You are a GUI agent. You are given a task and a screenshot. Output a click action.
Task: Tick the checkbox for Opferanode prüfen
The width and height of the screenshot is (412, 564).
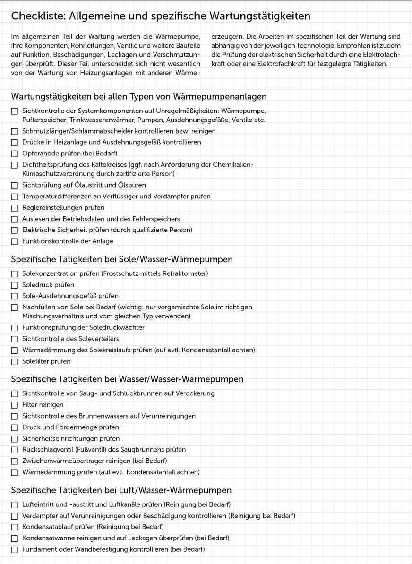click(14, 154)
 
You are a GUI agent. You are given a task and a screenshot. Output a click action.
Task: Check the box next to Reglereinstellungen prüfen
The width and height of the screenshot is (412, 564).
click(14, 208)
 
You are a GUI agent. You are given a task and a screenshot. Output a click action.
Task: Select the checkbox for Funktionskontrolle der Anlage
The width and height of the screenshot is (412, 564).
click(14, 241)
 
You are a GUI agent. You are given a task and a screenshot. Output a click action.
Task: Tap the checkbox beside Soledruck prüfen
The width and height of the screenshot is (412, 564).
click(14, 285)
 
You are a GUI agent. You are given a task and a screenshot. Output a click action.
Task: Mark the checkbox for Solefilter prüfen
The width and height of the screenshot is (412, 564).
click(14, 362)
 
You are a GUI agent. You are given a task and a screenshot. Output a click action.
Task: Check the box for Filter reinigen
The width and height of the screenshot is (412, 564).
click(14, 405)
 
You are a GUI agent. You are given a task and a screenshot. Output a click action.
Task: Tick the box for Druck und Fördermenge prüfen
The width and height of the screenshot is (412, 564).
click(14, 428)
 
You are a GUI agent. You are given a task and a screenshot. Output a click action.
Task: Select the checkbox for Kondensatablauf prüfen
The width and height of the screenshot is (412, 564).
click(14, 527)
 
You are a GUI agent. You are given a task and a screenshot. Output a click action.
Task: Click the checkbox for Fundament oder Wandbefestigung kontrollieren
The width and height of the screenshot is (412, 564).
click(14, 550)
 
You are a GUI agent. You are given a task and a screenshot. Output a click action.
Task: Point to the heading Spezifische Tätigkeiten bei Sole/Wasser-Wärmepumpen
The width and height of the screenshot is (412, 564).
click(121, 260)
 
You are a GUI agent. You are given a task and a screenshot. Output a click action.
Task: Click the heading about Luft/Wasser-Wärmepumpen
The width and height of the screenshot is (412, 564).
click(121, 490)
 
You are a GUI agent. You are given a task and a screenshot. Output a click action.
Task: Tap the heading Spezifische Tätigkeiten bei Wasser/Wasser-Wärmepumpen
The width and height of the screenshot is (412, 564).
click(127, 379)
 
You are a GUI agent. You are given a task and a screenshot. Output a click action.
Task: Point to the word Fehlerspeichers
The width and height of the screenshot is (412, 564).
click(157, 219)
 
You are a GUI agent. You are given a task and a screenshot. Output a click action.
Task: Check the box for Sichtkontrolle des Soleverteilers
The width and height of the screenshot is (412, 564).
click(14, 339)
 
